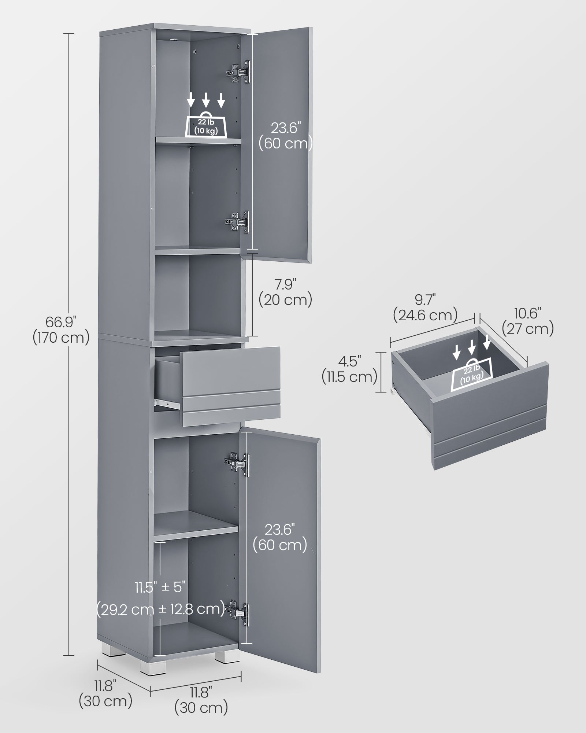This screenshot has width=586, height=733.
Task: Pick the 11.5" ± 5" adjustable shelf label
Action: click(160, 597)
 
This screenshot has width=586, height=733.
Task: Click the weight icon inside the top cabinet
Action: click(206, 125)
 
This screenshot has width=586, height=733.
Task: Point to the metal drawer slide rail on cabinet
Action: click(167, 403)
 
